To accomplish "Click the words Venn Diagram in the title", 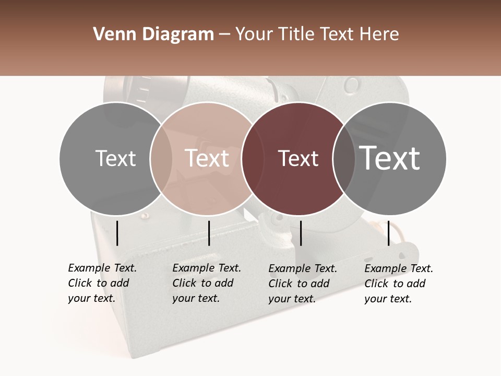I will click(x=153, y=34).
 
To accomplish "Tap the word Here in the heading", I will click(x=377, y=34).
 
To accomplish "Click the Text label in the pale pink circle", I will click(x=207, y=158).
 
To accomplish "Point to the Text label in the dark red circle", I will click(x=299, y=159).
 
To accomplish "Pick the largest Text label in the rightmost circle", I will click(x=390, y=158).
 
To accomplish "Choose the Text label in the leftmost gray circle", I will click(x=116, y=158).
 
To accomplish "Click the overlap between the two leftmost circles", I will click(x=161, y=158).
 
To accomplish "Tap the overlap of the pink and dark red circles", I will click(x=248, y=158).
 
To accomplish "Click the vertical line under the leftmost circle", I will click(x=117, y=233).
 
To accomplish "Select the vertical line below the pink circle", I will click(x=209, y=233).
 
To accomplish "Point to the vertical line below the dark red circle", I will click(x=301, y=233).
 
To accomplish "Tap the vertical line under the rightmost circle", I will click(x=388, y=233).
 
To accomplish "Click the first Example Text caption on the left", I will click(x=102, y=283).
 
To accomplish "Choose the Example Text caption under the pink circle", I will click(x=207, y=283).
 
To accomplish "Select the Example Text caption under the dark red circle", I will click(x=303, y=284).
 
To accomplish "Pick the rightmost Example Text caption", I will click(x=399, y=284).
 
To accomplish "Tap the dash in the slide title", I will click(x=224, y=34).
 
